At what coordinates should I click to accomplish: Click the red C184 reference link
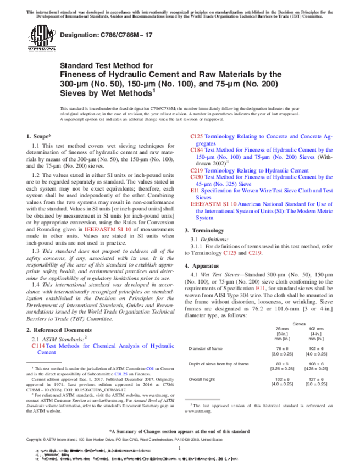tap(197, 149)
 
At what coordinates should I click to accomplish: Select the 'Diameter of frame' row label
tap(207, 348)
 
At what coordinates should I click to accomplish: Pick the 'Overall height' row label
tap(203, 379)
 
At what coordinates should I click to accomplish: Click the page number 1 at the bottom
tap(180, 448)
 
